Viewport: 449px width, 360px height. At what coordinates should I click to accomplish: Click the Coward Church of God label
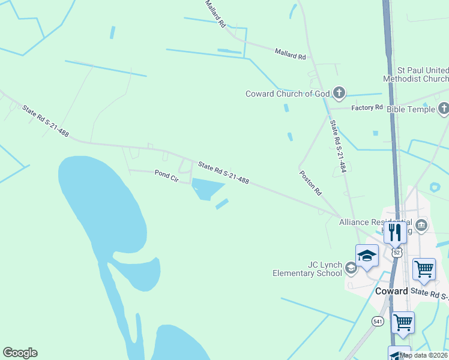(288, 94)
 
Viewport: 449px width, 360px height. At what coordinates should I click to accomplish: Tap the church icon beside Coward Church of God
(339, 93)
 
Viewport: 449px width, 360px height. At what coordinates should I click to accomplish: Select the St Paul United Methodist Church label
(415, 74)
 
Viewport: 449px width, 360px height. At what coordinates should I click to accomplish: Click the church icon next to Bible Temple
(444, 109)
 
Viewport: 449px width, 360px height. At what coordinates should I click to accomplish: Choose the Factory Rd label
(367, 107)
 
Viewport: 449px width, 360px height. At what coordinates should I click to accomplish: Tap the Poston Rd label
(311, 183)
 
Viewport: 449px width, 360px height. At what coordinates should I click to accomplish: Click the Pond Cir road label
(167, 176)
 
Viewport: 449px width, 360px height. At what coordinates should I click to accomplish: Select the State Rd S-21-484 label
(338, 148)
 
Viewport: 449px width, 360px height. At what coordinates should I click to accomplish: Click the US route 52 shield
(397, 253)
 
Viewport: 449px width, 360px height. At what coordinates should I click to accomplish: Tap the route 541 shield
(377, 322)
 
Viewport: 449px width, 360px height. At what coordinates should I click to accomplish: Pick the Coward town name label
(391, 291)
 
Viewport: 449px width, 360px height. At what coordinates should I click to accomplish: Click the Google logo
(20, 353)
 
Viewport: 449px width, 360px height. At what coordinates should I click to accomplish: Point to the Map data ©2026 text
(424, 355)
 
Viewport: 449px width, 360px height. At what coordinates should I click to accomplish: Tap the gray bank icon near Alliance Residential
(421, 226)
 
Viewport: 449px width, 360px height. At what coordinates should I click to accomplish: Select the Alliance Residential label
(376, 222)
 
